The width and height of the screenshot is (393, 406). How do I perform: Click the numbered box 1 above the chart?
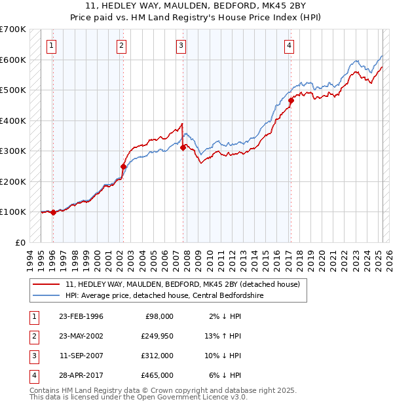51,45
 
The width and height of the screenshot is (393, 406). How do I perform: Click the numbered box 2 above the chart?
122,45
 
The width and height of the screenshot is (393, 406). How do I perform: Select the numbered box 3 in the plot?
180,45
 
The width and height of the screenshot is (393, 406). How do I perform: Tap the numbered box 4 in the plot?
289,45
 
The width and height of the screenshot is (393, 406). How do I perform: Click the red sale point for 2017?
291,101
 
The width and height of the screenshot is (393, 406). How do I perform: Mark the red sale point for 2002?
123,166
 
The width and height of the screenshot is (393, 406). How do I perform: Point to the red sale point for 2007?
183,147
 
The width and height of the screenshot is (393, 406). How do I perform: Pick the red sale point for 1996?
53,212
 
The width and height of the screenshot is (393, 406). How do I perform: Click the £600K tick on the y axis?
13,60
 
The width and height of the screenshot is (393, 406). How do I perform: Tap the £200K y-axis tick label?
13,181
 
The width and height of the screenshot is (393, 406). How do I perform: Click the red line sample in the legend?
47,284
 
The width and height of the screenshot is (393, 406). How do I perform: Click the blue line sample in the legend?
47,295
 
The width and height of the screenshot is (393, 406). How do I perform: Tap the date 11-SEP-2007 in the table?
81,356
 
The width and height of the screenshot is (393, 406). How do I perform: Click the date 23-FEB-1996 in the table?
81,316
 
